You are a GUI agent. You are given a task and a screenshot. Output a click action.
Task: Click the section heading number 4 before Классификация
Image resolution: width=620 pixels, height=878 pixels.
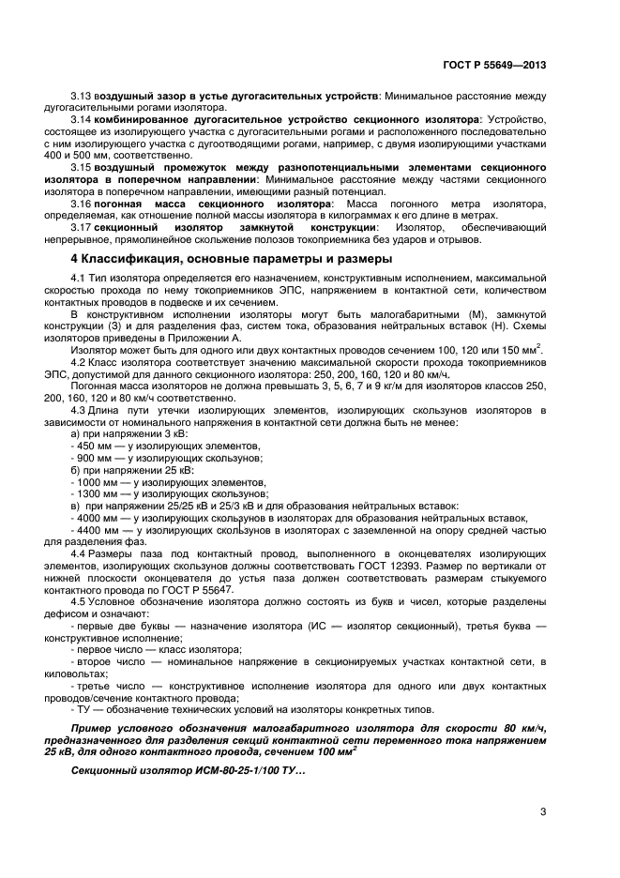[x=75, y=258]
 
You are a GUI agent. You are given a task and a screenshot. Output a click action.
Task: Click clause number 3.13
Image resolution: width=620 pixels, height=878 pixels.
[x=82, y=98]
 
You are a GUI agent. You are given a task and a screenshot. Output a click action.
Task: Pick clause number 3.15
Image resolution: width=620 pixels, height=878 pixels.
[x=82, y=163]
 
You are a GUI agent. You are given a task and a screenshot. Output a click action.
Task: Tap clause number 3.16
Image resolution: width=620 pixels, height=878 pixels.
[x=82, y=205]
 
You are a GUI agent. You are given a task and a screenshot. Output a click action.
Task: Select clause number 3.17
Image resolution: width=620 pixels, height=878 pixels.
[x=82, y=227]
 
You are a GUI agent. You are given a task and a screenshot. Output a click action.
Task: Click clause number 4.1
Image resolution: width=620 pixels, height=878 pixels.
[x=79, y=280]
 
